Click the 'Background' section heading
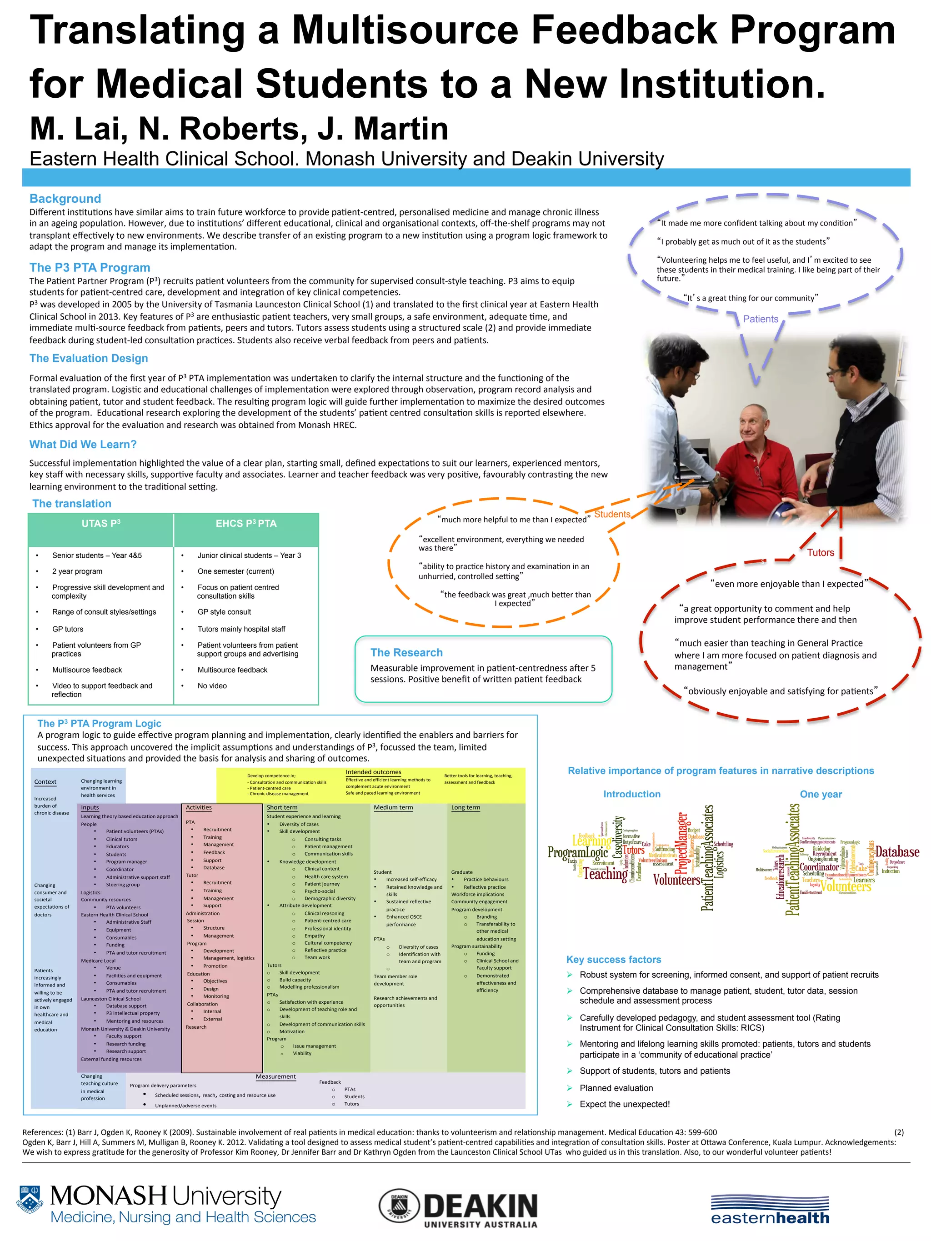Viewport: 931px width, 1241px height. [65, 199]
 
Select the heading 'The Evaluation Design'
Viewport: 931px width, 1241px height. [89, 359]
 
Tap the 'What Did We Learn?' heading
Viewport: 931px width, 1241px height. [83, 444]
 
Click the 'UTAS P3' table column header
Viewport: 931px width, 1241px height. [101, 523]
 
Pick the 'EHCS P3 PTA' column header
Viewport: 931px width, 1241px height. [246, 523]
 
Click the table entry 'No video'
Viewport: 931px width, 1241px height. [212, 686]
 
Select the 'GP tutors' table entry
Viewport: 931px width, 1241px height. [67, 629]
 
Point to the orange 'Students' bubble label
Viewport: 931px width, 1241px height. [612, 515]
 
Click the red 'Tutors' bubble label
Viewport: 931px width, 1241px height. [821, 553]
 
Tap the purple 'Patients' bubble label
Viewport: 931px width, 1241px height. [761, 319]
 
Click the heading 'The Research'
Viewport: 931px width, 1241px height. [406, 652]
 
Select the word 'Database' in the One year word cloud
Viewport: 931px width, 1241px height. [897, 851]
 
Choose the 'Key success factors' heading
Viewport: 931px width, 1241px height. [613, 959]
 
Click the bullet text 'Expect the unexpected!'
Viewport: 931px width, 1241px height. [625, 1104]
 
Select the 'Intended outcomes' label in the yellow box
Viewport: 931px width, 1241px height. [373, 772]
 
